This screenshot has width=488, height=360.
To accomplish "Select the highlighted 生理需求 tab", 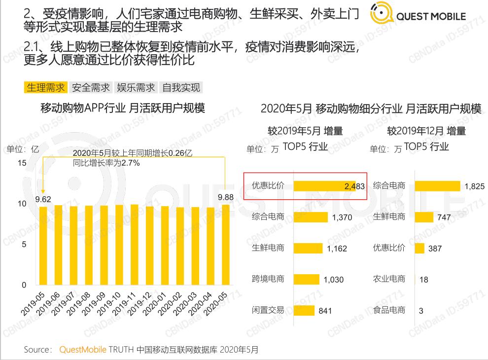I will pos(46,88).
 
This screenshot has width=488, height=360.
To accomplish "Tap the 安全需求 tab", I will pos(91,88).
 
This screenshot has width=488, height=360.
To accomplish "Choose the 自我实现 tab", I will pos(181,88).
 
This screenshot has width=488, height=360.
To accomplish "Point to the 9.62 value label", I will pos(43,200).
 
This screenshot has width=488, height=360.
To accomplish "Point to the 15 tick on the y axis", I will pos(22,163).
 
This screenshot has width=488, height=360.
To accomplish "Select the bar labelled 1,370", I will pos(311,217).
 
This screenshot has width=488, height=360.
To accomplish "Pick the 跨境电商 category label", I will pos(268,279).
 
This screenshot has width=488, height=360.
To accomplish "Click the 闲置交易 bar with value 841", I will pos(304,310).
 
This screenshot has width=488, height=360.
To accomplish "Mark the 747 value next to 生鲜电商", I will pos(445,217).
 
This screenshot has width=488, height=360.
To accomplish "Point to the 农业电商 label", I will pos(389,279).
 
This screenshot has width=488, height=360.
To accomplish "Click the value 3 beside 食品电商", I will pos(421,311).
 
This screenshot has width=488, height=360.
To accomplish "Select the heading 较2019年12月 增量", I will pos(426,131).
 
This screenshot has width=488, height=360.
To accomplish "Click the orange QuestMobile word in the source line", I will pos(83,350).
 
